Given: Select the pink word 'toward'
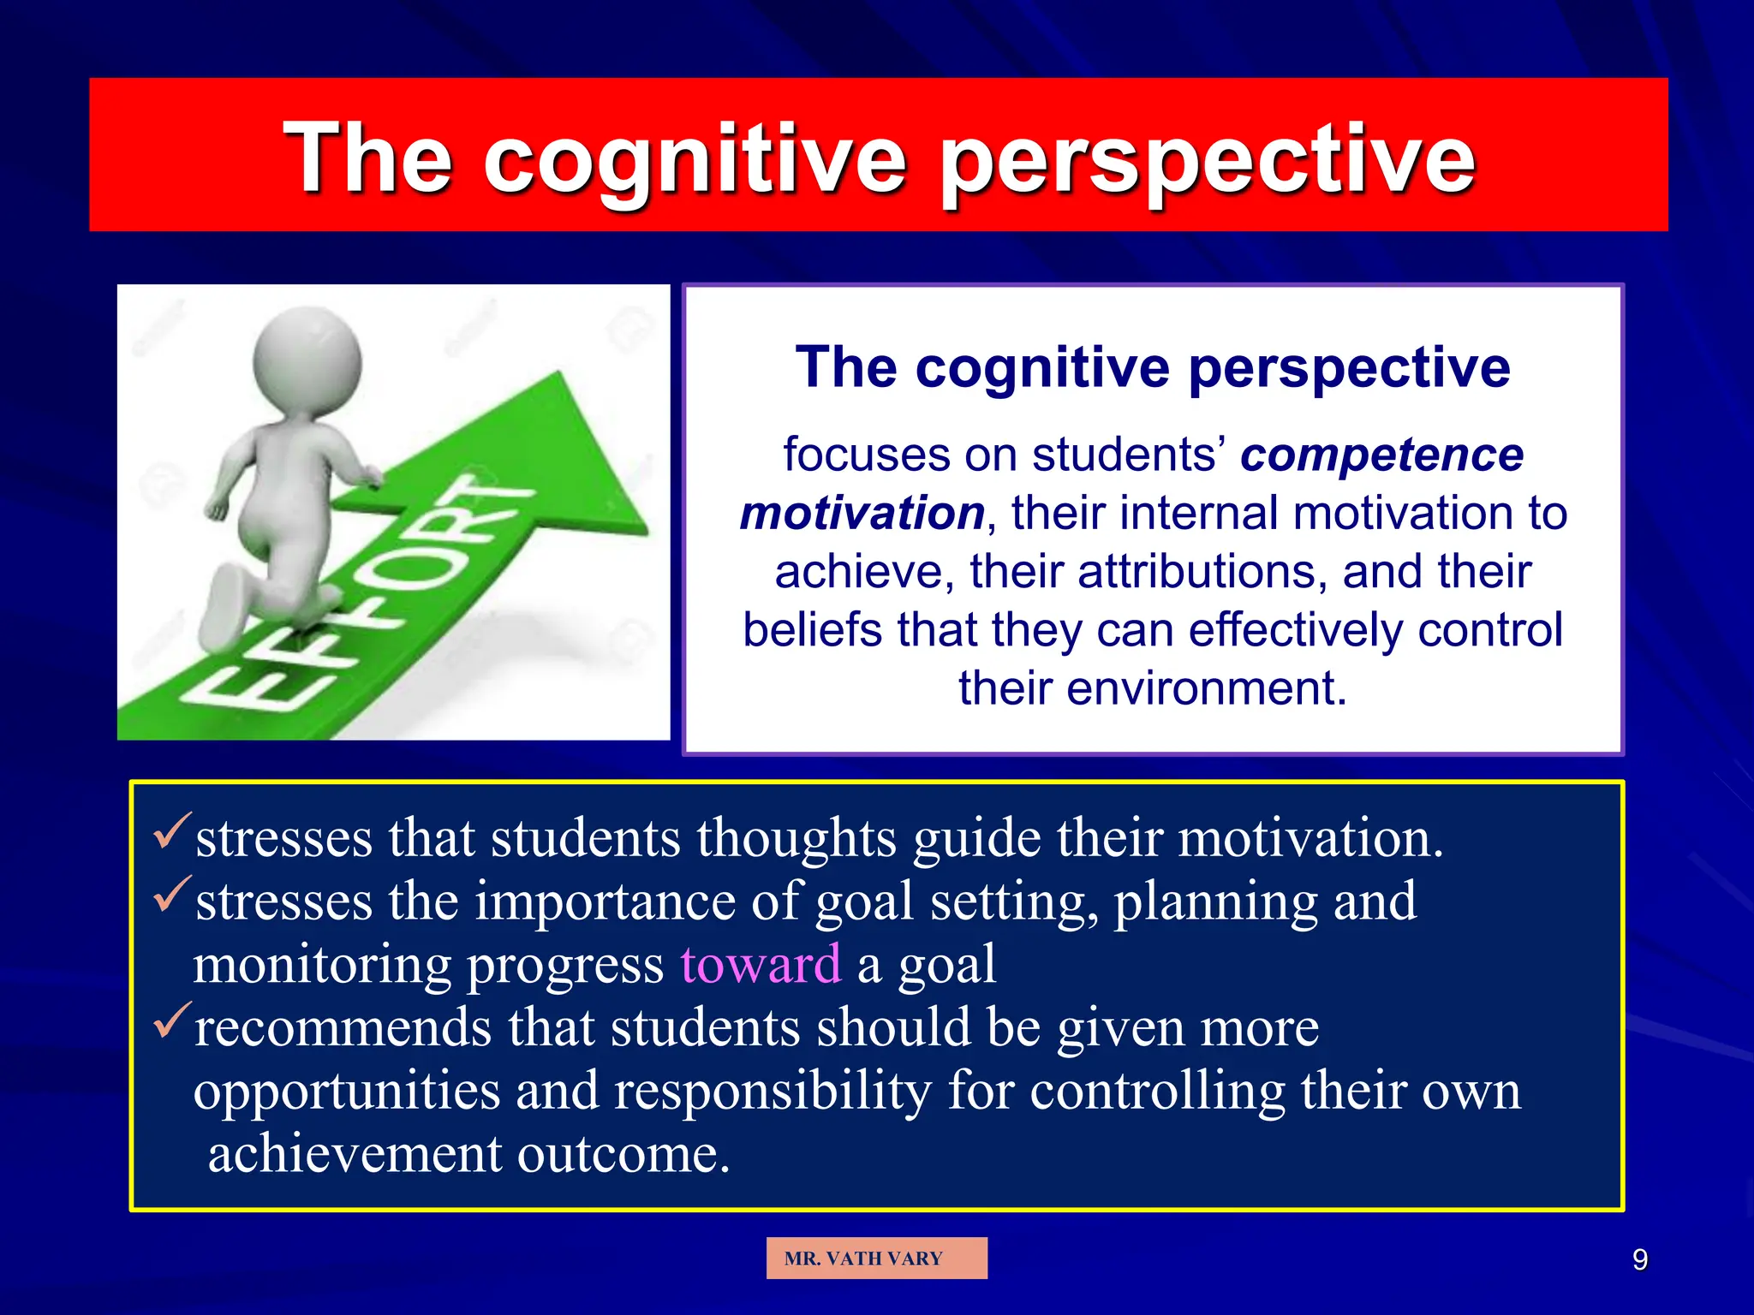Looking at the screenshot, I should coord(761,964).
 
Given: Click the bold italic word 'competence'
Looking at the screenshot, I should coord(1381,455).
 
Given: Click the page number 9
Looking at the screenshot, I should coord(1639,1259).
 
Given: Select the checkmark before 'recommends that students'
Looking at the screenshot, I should coord(171,1020).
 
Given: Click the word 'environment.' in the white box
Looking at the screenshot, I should coord(1152,688).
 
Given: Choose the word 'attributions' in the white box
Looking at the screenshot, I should coord(1202,572).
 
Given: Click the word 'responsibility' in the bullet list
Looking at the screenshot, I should coord(773,1091).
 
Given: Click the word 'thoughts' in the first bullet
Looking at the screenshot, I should coord(796,837).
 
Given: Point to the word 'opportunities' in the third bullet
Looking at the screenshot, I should coord(347,1092).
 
